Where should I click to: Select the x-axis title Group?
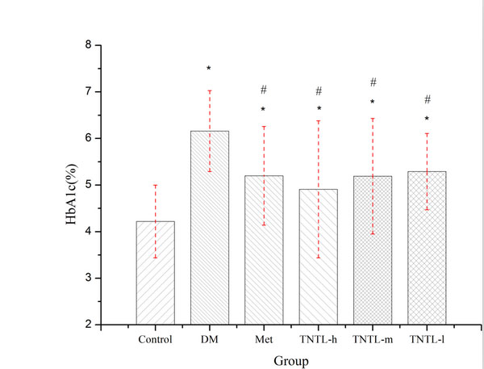coord(291,361)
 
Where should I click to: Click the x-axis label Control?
coord(155,339)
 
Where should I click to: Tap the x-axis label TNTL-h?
coord(319,339)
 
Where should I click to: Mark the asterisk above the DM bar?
coord(209,69)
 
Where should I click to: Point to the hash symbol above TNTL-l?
coord(427,100)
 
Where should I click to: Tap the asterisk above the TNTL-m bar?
coord(373,103)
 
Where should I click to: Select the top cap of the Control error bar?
coord(155,186)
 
